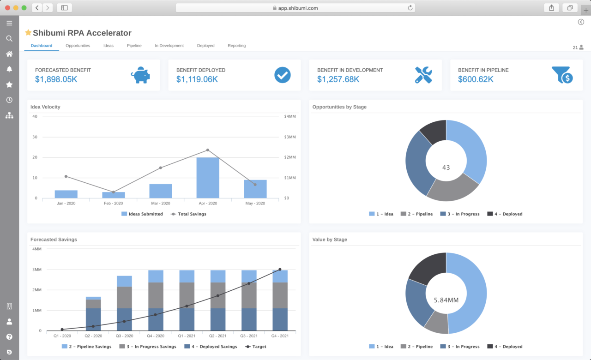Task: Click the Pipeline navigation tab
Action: pos(134,46)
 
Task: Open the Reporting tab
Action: pos(236,46)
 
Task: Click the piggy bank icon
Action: pos(140,75)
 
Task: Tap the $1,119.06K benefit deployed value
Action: pos(197,79)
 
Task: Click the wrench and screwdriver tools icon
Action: pos(423,75)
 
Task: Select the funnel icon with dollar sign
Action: pos(562,75)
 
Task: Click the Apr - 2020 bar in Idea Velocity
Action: pos(207,178)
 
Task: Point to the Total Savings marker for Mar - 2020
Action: pos(160,168)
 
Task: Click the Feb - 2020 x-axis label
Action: pos(113,203)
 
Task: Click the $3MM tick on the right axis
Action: pos(290,137)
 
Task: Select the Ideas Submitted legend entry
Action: pos(142,214)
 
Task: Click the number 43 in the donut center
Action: pos(446,168)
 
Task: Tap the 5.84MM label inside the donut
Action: pos(446,300)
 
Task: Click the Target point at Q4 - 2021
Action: pos(280,270)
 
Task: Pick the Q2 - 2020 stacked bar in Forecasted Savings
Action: pos(93,314)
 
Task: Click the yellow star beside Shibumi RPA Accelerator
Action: pos(28,33)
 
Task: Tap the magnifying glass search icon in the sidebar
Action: pos(9,39)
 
